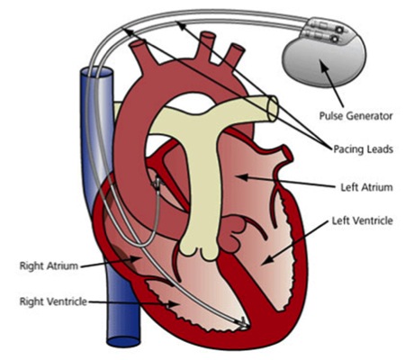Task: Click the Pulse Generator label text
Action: [x=355, y=115]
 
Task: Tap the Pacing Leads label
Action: [x=363, y=149]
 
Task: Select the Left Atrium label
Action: [x=366, y=187]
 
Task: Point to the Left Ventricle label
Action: [x=363, y=220]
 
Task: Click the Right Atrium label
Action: [x=49, y=265]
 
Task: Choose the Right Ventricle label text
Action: [x=53, y=301]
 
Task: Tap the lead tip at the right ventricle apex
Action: [x=245, y=325]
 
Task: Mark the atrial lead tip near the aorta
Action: [x=157, y=183]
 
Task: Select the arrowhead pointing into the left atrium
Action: [x=243, y=177]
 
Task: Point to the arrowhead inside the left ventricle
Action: [x=265, y=260]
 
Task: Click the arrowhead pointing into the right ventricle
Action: [x=174, y=304]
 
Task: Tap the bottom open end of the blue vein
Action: [x=123, y=342]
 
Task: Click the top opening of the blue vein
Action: [x=96, y=73]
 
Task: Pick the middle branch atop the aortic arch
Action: [x=208, y=45]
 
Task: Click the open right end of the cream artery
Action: [x=273, y=108]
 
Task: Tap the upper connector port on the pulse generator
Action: [x=339, y=30]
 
